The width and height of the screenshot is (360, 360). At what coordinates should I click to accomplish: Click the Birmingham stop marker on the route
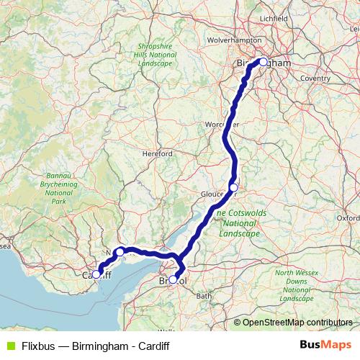264,62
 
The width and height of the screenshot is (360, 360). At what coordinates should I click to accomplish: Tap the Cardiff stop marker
96,274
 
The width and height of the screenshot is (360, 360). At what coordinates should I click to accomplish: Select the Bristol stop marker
173,279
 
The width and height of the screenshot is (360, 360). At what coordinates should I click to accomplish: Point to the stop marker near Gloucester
233,188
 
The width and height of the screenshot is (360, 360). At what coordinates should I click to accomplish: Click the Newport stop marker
120,252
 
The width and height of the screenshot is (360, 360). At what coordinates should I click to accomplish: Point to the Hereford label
158,153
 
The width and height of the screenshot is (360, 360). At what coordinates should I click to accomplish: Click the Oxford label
348,217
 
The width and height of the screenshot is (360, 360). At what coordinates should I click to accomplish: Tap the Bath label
204,296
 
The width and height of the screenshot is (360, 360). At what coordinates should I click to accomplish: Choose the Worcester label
220,125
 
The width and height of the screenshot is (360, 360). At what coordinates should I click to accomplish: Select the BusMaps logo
323,345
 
